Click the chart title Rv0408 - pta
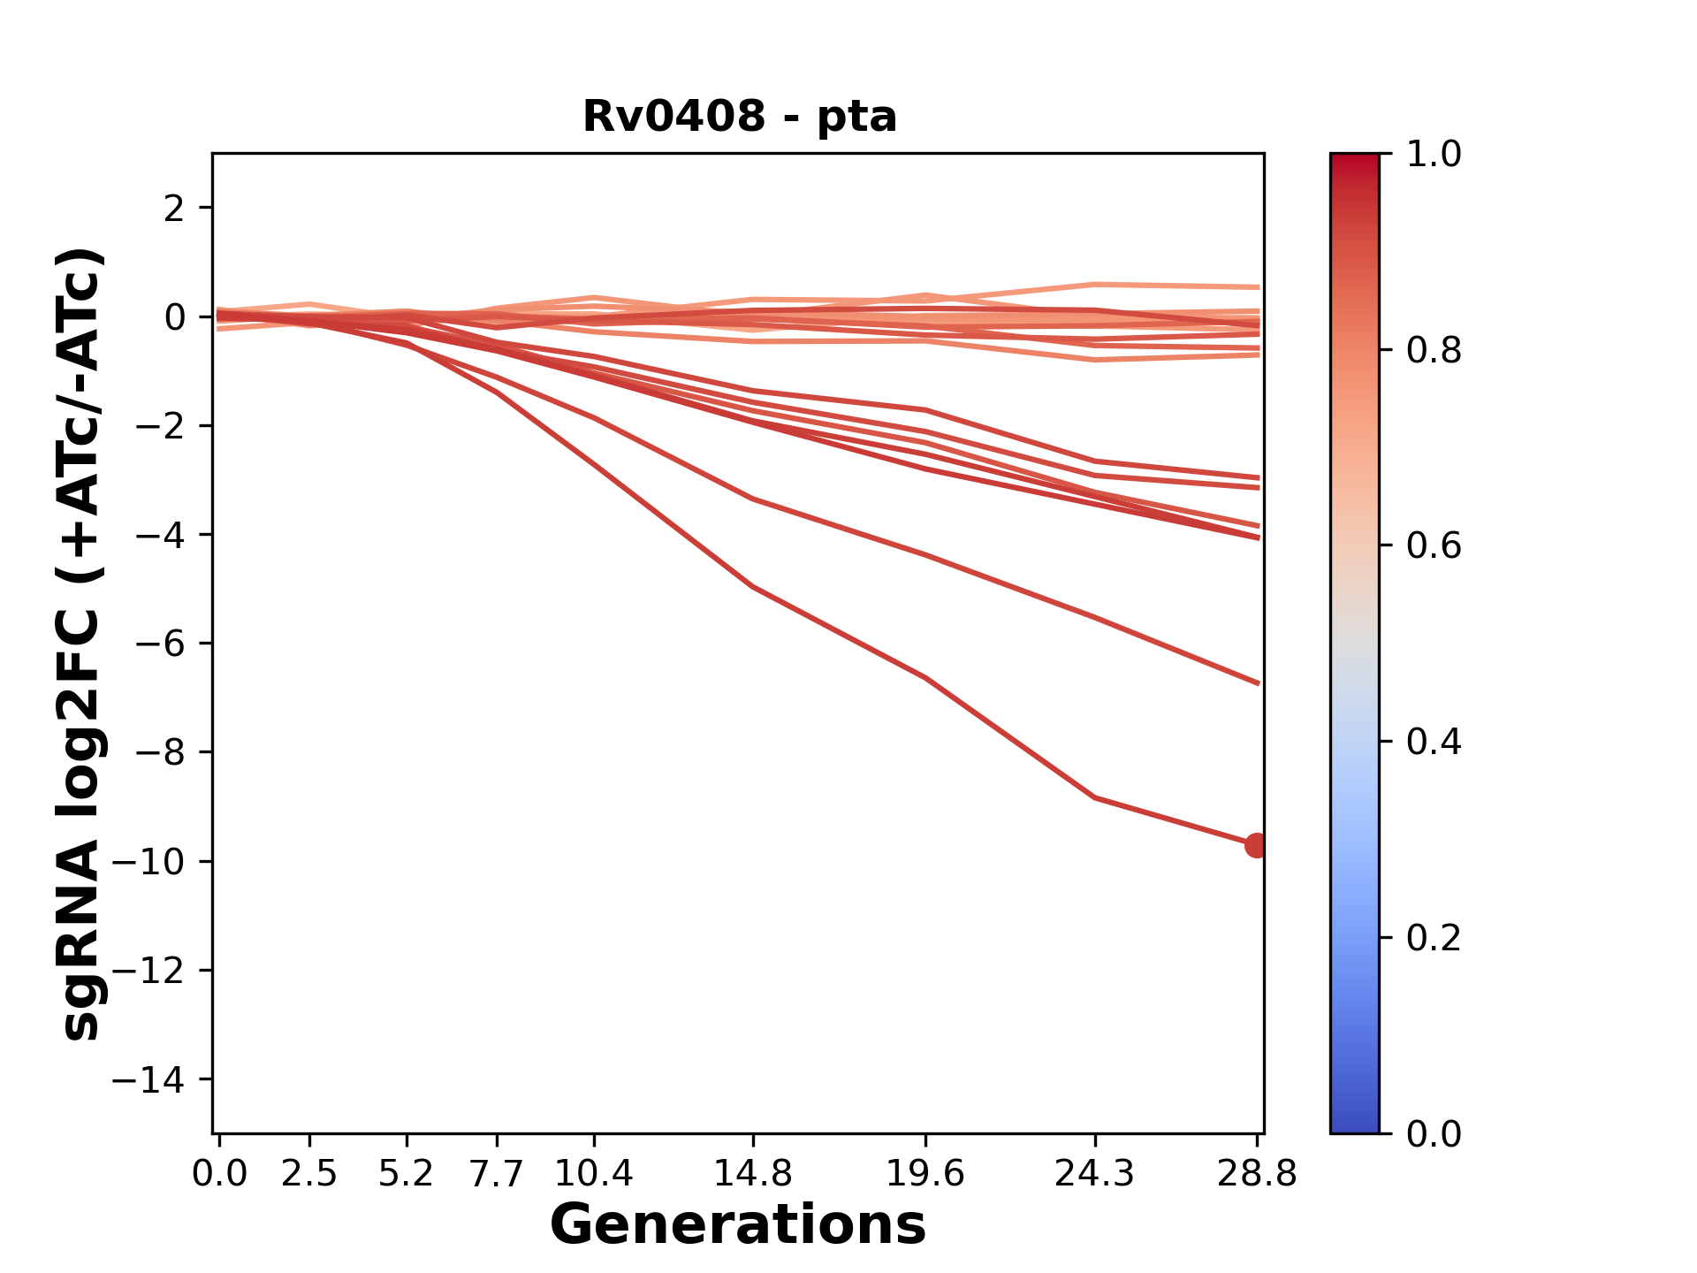click(x=739, y=117)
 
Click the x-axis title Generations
click(x=738, y=1225)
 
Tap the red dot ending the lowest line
click(x=1256, y=845)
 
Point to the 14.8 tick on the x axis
click(x=752, y=1174)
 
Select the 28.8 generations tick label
click(x=1257, y=1174)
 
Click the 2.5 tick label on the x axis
click(x=309, y=1174)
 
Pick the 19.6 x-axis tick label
click(x=925, y=1174)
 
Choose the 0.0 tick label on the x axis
click(x=219, y=1174)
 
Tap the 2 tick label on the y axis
click(x=175, y=209)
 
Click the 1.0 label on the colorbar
click(x=1434, y=155)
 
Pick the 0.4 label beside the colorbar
click(x=1434, y=742)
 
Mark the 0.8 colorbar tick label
click(x=1434, y=351)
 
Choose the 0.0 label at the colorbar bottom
click(x=1434, y=1133)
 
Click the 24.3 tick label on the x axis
click(x=1095, y=1174)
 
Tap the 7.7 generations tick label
click(x=497, y=1174)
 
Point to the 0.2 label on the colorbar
click(x=1434, y=938)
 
